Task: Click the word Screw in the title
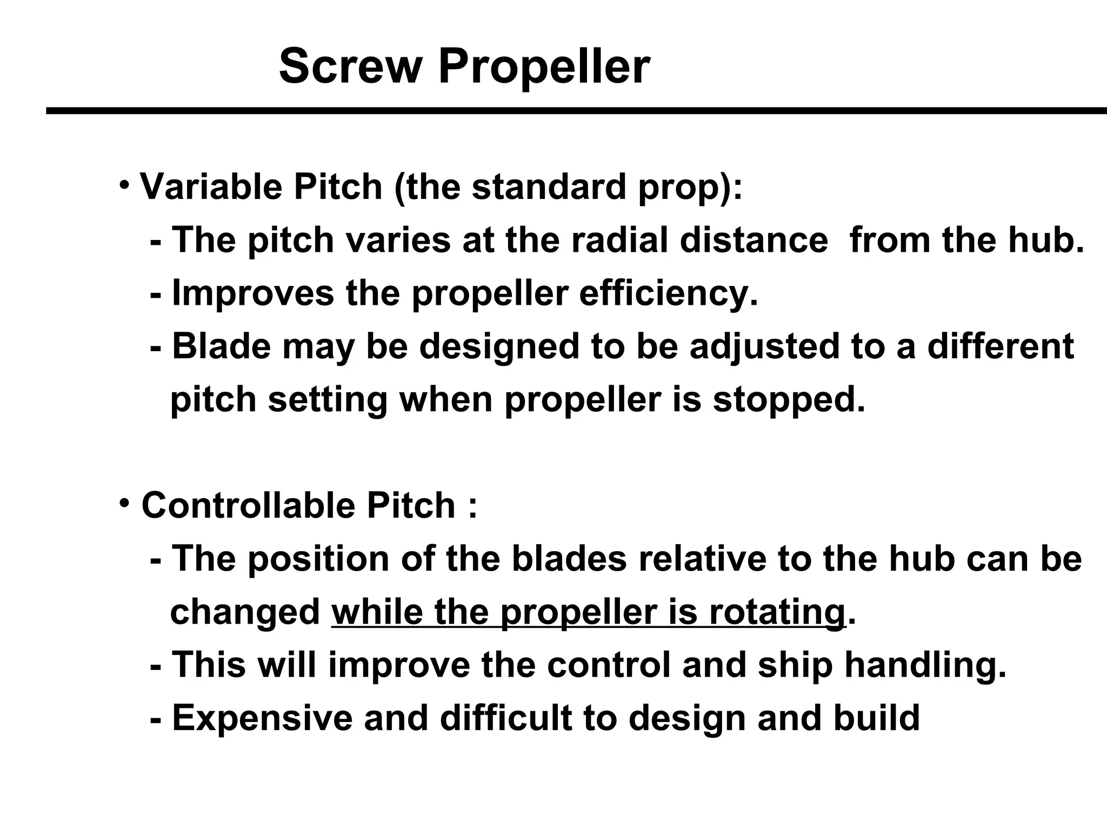[x=350, y=66]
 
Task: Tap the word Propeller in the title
[x=544, y=68]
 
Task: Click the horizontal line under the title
[x=576, y=111]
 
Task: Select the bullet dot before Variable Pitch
[x=124, y=184]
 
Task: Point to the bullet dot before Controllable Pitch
[x=124, y=503]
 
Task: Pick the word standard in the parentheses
[x=549, y=186]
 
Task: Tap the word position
[x=318, y=559]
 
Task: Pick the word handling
[x=925, y=666]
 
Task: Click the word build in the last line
[x=876, y=718]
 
